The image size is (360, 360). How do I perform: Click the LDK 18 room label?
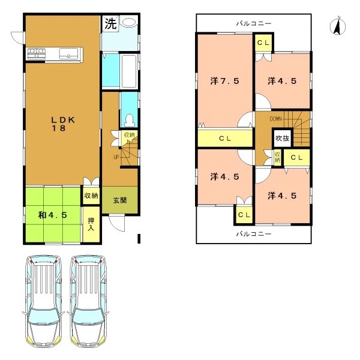pyautogui.click(x=62, y=124)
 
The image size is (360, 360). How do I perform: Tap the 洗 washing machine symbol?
pyautogui.click(x=110, y=23)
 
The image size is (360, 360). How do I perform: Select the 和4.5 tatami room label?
pyautogui.click(x=53, y=215)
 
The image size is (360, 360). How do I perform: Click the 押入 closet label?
pyautogui.click(x=91, y=224)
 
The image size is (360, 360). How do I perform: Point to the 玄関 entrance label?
pyautogui.click(x=120, y=200)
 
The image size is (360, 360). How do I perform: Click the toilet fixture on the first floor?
pyautogui.click(x=130, y=121)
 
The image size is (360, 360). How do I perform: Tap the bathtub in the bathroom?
pyautogui.click(x=129, y=71)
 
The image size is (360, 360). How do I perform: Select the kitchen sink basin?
pyautogui.click(x=68, y=53)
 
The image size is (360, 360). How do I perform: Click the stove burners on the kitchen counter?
pyautogui.click(x=37, y=53)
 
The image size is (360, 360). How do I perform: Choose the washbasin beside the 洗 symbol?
pyautogui.click(x=129, y=22)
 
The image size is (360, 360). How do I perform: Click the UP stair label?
pyautogui.click(x=116, y=157)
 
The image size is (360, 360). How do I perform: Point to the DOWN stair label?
pyautogui.click(x=275, y=119)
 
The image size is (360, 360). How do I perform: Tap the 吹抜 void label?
pyautogui.click(x=283, y=138)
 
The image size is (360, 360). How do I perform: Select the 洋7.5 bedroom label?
pyautogui.click(x=225, y=81)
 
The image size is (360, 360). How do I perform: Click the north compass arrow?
pyautogui.click(x=338, y=26)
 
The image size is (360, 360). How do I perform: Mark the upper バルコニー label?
pyautogui.click(x=254, y=23)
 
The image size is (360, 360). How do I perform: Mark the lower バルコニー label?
pyautogui.click(x=254, y=234)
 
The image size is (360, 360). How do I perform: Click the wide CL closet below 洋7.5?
pyautogui.click(x=225, y=139)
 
